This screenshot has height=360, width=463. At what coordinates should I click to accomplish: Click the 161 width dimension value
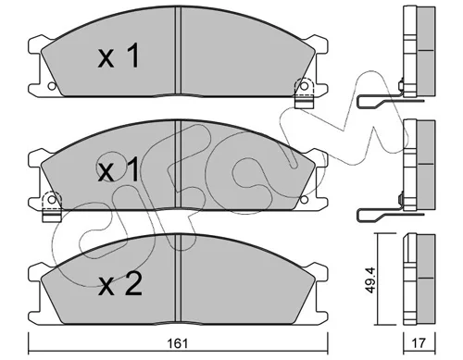178,343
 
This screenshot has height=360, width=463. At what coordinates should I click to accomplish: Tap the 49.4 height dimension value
370,279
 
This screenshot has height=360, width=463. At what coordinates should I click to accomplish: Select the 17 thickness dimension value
419,343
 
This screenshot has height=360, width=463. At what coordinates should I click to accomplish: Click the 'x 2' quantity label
119,284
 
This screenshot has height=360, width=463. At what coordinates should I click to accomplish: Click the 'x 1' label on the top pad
119,56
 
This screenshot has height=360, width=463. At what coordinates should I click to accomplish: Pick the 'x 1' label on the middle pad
119,170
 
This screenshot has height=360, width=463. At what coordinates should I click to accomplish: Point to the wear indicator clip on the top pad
304,93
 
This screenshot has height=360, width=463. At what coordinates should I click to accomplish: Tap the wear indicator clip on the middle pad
52,206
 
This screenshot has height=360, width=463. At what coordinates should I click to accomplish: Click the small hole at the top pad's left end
52,86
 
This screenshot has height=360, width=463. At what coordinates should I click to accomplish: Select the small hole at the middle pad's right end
304,199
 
